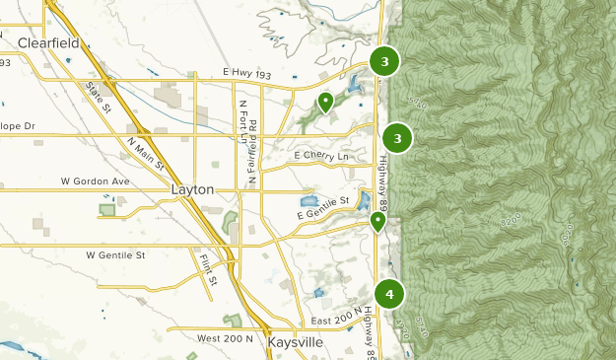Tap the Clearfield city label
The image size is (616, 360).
pos(51,42)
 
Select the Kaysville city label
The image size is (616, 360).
pos(295,343)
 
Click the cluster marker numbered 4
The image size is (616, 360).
pos(390,294)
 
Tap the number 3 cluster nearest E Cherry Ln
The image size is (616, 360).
pos(397,139)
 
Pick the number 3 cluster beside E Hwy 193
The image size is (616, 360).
pos(384,61)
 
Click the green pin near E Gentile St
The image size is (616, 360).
pos(377,222)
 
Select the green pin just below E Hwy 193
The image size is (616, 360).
pos(325,101)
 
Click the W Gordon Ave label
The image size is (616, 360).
pos(95,181)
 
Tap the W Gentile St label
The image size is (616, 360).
pos(115,254)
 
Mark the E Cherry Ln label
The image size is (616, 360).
pos(321,156)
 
